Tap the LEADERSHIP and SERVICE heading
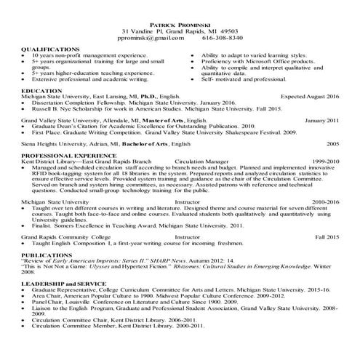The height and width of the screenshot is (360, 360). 61,282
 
